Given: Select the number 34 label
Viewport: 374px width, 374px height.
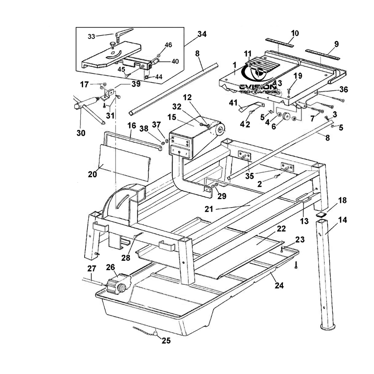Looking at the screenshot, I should (202, 34).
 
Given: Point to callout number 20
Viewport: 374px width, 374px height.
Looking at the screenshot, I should (93, 174).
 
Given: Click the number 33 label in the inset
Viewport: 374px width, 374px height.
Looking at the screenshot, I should (92, 36).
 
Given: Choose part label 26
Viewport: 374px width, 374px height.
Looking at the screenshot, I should (110, 267).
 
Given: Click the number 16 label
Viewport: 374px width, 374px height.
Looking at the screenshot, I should (131, 126).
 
